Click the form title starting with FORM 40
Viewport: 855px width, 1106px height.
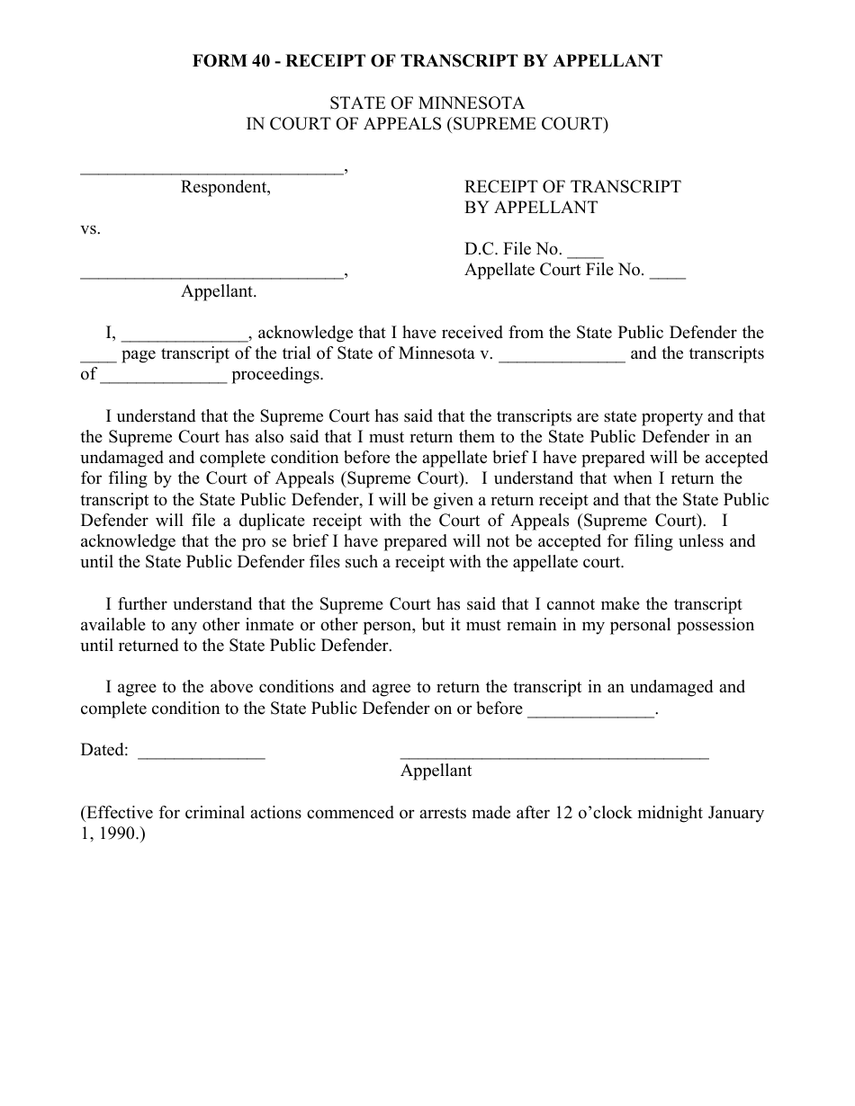[427, 61]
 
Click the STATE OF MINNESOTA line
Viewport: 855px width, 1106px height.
[427, 103]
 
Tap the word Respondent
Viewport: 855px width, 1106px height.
[225, 187]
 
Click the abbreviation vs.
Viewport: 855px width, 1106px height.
[91, 228]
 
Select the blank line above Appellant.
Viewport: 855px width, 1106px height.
[211, 274]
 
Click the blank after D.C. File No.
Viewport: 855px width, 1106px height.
[586, 254]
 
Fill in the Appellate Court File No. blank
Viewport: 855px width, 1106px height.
[667, 275]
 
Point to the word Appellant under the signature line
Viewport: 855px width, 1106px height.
[436, 771]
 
